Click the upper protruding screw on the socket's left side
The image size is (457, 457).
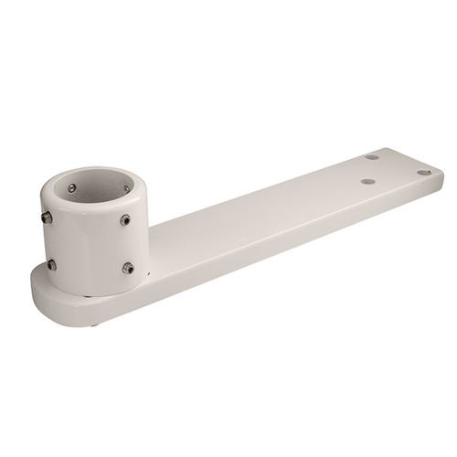pyautogui.click(x=46, y=218)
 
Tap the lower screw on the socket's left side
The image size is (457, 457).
pyautogui.click(x=51, y=264)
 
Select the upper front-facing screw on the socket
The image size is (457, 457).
pyautogui.click(x=124, y=220)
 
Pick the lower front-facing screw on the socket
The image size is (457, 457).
pyautogui.click(x=127, y=268)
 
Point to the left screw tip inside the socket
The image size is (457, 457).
pyautogui.click(x=72, y=188)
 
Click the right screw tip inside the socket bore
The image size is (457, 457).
pyautogui.click(x=126, y=189)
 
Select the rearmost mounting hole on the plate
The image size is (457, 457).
pyautogui.click(x=372, y=157)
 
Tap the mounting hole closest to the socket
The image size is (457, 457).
pyautogui.click(x=367, y=181)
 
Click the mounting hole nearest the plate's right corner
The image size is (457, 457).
pyautogui.click(x=423, y=172)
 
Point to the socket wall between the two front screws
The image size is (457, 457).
pyautogui.click(x=126, y=244)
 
